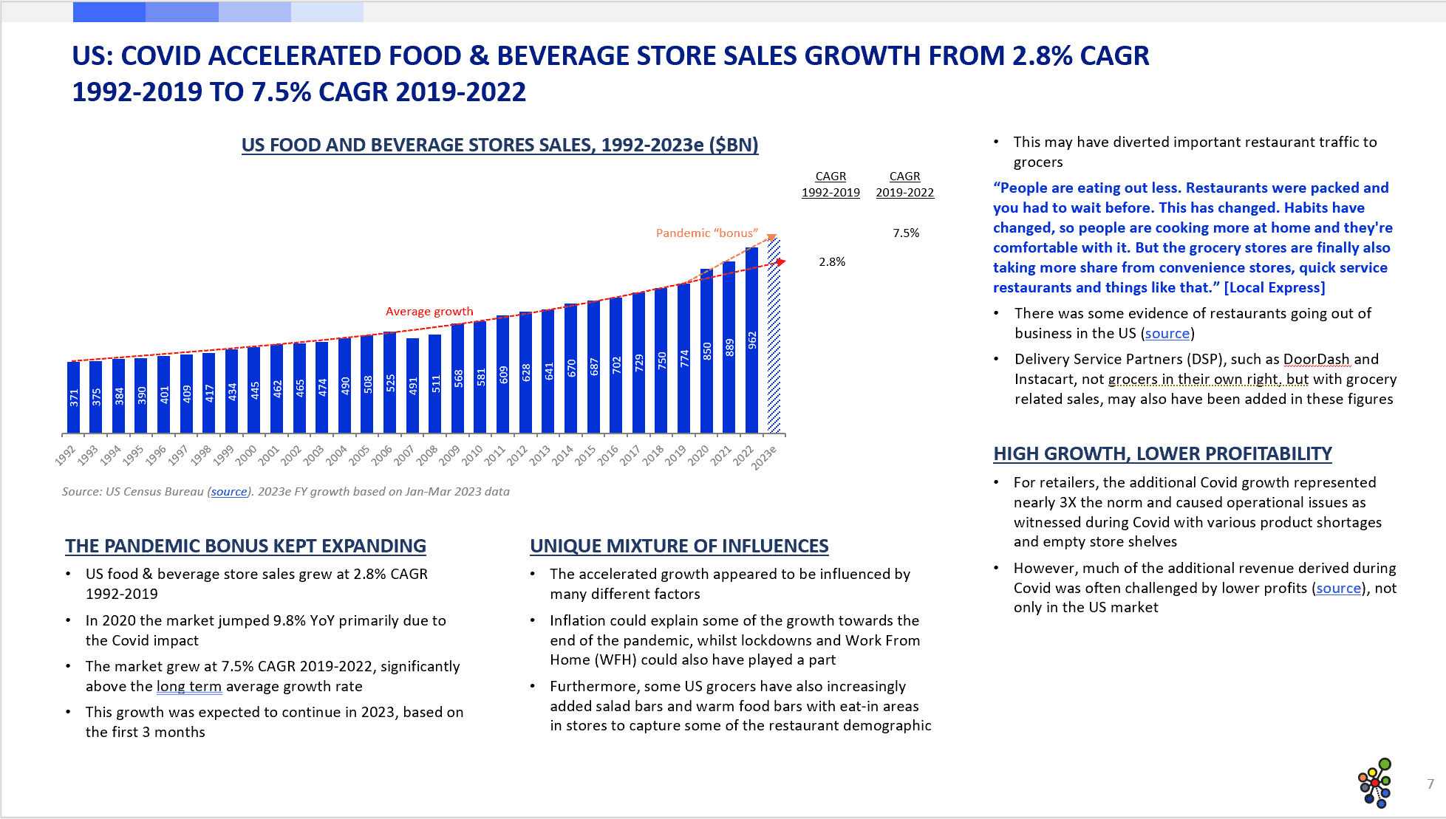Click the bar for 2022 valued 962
[x=751, y=340]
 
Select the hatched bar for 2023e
[x=774, y=336]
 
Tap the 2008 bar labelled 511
[x=435, y=383]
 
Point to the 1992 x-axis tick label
[x=66, y=455]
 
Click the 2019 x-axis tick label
[x=675, y=455]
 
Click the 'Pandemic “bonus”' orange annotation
[x=706, y=233]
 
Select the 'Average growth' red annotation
[x=429, y=312]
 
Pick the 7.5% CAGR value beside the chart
[x=906, y=233]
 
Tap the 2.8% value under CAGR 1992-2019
[x=832, y=262]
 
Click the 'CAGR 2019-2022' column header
[x=904, y=185]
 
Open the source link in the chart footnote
[x=229, y=492]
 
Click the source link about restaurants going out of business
[x=1167, y=334]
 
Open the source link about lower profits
[x=1338, y=589]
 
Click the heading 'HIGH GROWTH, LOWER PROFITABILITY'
[x=1162, y=453]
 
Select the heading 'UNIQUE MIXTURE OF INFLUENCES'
[x=679, y=546]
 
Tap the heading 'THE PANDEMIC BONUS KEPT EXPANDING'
[x=245, y=546]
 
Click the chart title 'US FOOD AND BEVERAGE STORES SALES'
[x=499, y=145]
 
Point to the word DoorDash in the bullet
[x=1316, y=360]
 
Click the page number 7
[x=1430, y=784]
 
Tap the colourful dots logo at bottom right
[x=1375, y=784]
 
